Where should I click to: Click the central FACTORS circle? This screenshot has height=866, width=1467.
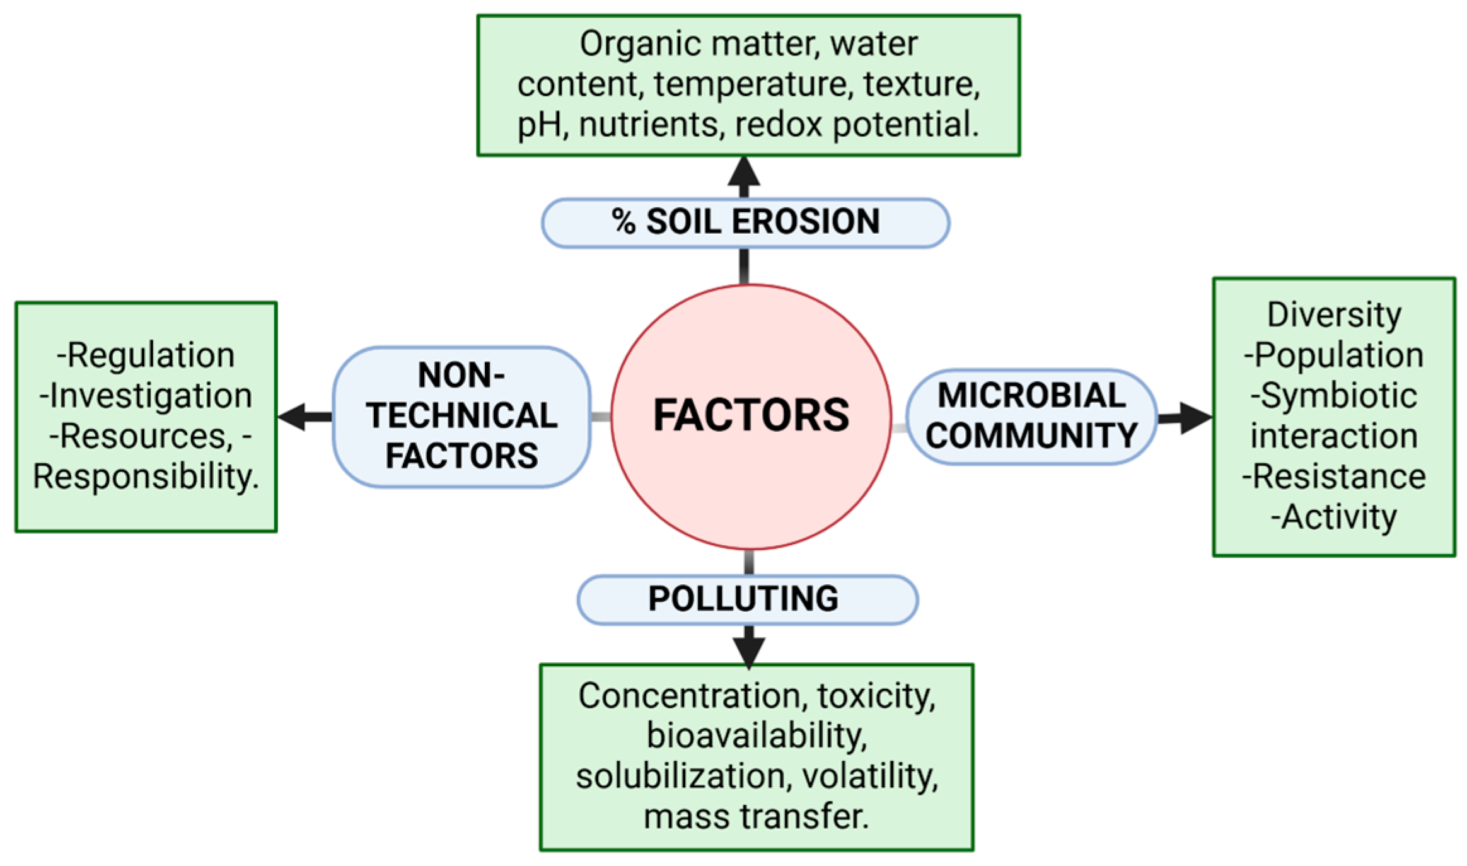tap(750, 416)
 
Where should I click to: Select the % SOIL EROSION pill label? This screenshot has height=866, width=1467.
tap(745, 222)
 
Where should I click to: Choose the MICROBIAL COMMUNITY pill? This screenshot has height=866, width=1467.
tap(1031, 416)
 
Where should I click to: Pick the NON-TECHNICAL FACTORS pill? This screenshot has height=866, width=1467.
tap(461, 416)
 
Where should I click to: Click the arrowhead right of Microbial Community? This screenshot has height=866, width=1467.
tap(1195, 417)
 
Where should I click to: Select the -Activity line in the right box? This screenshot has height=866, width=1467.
tap(1333, 517)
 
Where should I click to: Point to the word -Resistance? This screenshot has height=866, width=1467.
tap(1333, 476)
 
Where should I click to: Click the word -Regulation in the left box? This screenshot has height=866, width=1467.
tap(146, 355)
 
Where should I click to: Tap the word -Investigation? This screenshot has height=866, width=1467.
tap(146, 395)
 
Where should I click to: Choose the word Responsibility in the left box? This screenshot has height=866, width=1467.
tap(146, 476)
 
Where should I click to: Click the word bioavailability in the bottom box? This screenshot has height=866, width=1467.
tap(757, 736)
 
